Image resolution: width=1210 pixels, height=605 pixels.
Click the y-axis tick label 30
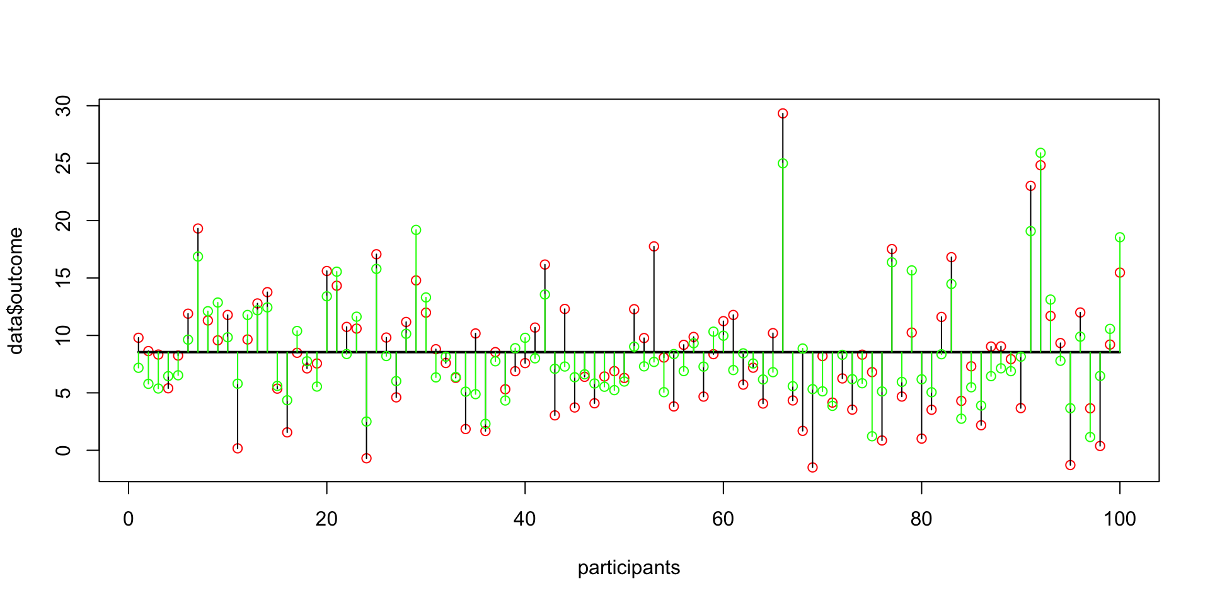[64, 105]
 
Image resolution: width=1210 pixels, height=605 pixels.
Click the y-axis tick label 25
[64, 163]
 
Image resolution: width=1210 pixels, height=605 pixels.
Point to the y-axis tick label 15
[64, 278]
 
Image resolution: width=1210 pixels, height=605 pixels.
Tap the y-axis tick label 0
[64, 450]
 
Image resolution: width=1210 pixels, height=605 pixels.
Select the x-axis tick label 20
[326, 519]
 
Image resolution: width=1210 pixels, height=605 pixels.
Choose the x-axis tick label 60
[723, 519]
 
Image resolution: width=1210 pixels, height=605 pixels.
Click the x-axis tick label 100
[1119, 519]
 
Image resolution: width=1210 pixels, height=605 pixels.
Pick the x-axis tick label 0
[129, 519]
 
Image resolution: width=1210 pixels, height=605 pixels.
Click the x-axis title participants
[628, 568]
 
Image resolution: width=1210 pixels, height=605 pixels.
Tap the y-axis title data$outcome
[16, 291]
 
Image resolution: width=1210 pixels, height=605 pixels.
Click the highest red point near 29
[783, 113]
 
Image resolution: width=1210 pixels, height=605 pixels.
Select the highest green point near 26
[1040, 153]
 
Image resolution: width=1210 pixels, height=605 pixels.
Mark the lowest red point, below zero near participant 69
[812, 467]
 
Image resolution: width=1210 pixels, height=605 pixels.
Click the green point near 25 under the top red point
[783, 163]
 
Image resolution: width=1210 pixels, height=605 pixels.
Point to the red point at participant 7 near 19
[198, 229]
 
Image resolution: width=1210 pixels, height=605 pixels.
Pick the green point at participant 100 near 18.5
[1120, 238]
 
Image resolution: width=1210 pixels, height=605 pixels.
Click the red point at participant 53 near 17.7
[654, 246]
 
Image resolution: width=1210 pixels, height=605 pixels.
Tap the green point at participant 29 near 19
[416, 230]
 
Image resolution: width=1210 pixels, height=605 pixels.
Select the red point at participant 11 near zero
[238, 448]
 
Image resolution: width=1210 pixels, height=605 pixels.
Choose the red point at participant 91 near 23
[1030, 186]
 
